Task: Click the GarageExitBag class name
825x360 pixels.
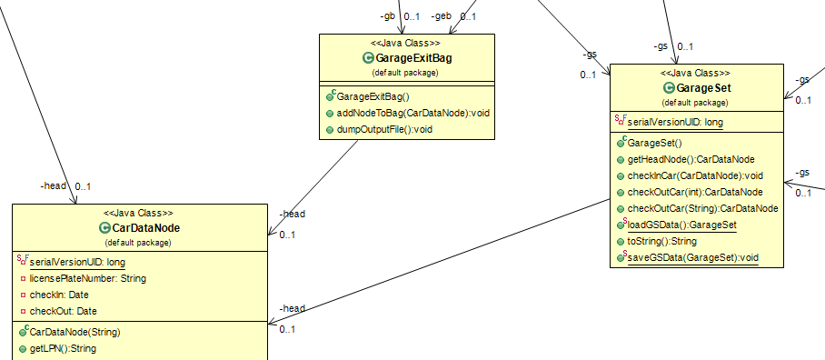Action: coord(412,59)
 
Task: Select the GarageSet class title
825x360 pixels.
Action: coord(704,88)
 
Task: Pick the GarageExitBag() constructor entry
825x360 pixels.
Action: coord(373,96)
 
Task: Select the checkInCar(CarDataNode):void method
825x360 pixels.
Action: coord(695,175)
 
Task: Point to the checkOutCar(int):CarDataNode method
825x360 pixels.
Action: coord(698,192)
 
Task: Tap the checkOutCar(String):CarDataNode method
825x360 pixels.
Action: coord(702,208)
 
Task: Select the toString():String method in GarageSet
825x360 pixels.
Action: coord(661,241)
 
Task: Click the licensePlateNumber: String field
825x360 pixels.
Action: coord(88,278)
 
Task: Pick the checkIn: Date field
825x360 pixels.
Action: coord(59,295)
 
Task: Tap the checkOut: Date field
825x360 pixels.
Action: coord(63,311)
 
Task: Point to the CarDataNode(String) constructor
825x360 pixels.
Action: coord(75,332)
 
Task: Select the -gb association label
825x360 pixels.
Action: coord(387,16)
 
